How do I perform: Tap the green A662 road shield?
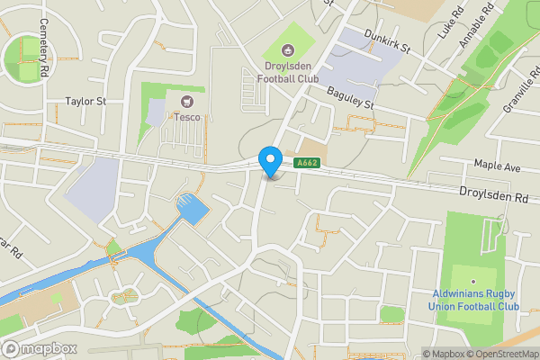click(307, 163)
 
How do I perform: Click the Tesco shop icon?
click(187, 102)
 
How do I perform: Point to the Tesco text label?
click(187, 117)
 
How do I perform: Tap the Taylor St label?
click(86, 102)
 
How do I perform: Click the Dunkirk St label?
click(387, 40)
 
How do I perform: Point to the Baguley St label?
click(350, 98)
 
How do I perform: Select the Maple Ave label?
click(498, 166)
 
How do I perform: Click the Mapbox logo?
click(38, 348)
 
